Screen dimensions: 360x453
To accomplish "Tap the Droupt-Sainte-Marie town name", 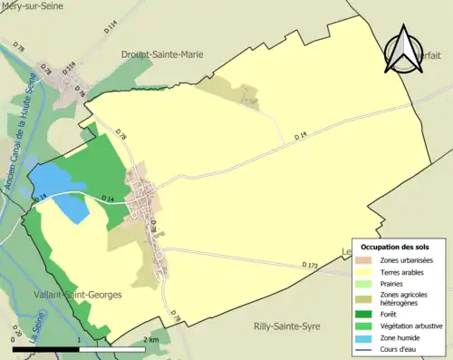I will tap(162, 54).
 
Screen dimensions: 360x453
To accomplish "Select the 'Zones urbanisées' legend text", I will tap(408, 260).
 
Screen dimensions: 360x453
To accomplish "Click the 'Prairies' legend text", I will tap(396, 282).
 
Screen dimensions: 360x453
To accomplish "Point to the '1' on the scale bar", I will tap(80, 339).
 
